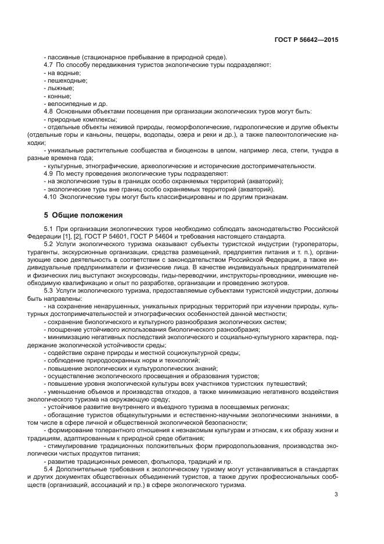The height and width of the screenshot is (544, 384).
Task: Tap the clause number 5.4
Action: point(49,468)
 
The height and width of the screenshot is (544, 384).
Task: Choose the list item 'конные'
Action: point(59,95)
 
